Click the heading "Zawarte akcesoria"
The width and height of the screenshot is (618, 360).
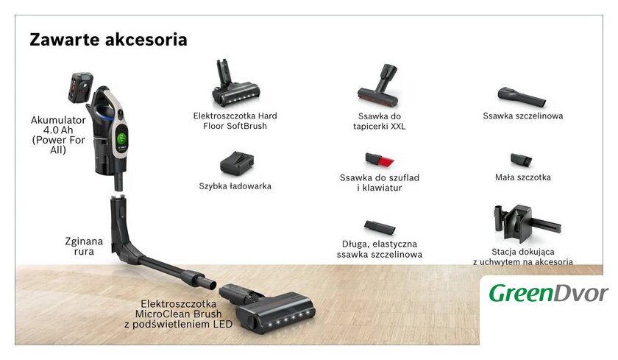108,40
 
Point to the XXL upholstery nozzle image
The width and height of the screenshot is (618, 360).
379,86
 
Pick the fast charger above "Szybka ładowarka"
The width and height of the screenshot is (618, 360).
236,163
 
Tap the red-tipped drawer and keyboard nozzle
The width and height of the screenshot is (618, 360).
379,160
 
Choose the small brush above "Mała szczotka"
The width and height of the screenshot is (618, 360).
521,160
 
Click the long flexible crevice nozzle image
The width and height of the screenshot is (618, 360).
380,227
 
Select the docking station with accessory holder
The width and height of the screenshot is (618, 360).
527,223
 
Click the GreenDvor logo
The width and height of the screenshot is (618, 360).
549,293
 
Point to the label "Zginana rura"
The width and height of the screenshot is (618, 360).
84,247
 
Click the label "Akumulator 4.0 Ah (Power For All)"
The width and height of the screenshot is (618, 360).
58,135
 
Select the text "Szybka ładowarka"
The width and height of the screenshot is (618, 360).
235,186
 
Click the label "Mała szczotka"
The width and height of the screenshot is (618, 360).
523,177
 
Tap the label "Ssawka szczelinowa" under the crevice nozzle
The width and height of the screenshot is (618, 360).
523,116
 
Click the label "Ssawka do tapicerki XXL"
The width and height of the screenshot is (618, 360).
379,121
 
